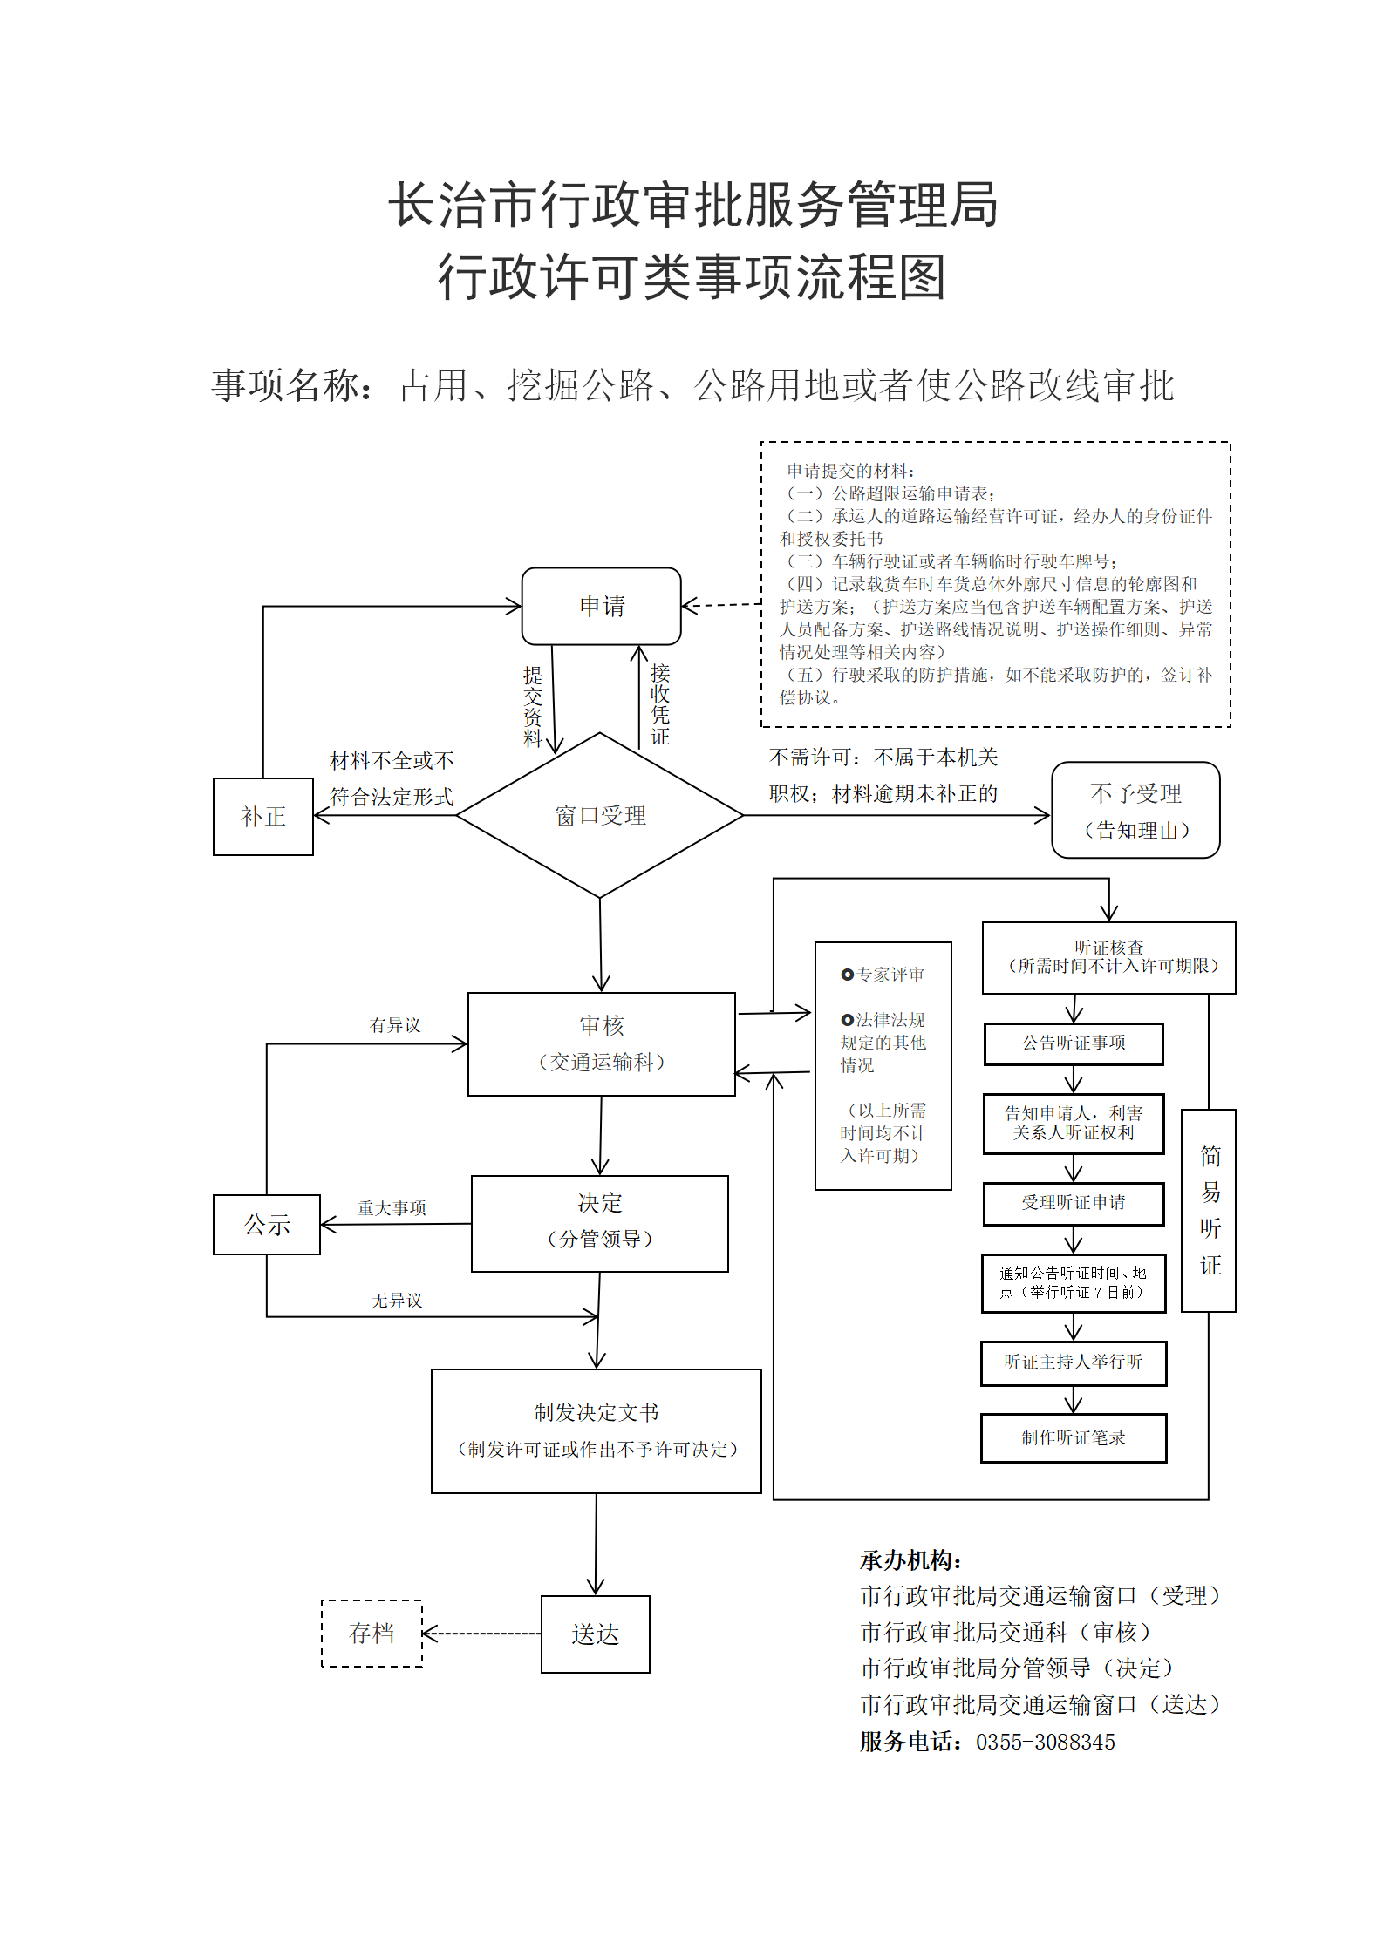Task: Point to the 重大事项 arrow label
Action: click(392, 1207)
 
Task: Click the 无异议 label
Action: click(396, 1300)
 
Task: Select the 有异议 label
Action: click(395, 1025)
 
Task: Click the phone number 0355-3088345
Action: click(1046, 1742)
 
